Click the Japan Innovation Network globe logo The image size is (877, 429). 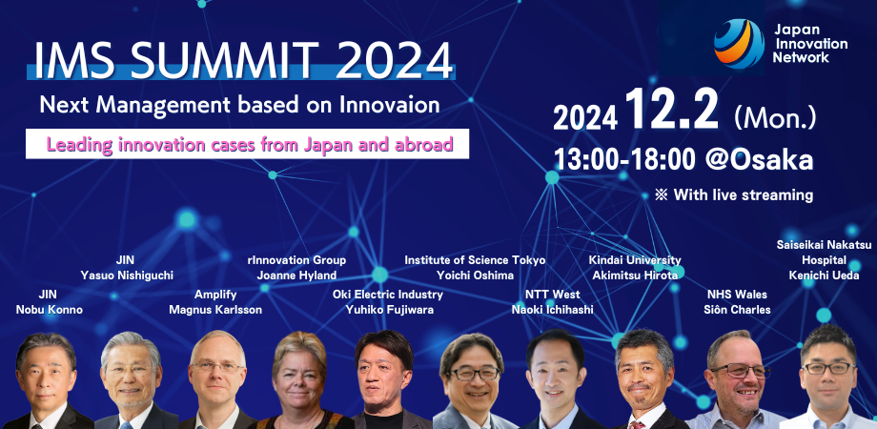(x=739, y=44)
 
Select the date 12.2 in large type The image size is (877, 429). (x=671, y=111)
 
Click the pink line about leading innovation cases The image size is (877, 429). (x=250, y=145)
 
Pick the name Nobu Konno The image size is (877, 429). (x=48, y=309)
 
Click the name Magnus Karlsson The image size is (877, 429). (x=215, y=309)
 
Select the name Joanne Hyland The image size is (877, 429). (x=296, y=275)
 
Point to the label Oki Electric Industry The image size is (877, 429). (x=388, y=295)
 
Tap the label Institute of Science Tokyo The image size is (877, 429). (x=475, y=260)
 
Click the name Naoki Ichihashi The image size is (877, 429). (x=552, y=309)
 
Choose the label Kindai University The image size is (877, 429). (x=635, y=260)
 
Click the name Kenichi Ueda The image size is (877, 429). (x=824, y=275)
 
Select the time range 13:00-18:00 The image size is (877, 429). (x=624, y=160)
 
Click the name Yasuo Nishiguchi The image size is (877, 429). (x=127, y=275)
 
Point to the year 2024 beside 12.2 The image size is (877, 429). (x=585, y=117)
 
